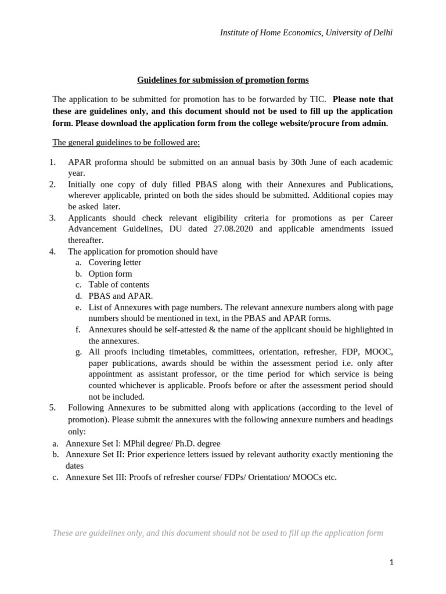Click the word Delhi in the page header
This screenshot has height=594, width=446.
point(381,33)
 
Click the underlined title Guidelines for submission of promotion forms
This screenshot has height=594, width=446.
point(222,79)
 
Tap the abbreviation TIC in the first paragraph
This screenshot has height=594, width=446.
point(317,99)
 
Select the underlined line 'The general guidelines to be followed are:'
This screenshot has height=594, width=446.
point(126,142)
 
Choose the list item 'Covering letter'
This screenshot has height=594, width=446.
point(114,262)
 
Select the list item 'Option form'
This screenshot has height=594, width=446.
point(110,274)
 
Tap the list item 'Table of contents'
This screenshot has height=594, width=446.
point(118,285)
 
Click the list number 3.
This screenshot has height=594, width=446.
point(52,218)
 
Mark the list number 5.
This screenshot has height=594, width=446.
point(52,408)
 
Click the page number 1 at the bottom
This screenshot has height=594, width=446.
point(392,562)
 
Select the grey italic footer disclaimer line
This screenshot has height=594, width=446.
point(218,533)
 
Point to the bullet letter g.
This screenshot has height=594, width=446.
point(78,352)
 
